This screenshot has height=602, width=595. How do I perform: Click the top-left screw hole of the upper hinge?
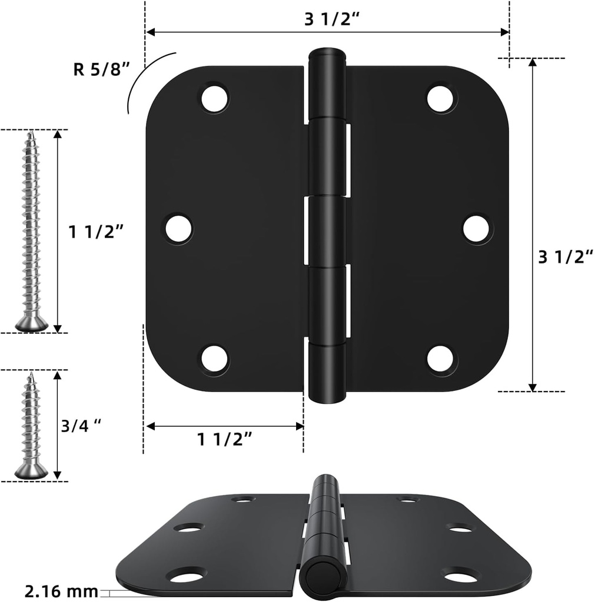click(x=214, y=99)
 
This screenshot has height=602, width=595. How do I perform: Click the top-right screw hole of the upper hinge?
click(x=440, y=99)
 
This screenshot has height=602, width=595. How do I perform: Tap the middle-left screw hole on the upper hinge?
click(x=178, y=229)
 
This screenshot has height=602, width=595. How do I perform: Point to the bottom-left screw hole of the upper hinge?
click(x=214, y=359)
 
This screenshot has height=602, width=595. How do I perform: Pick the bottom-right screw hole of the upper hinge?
click(x=440, y=359)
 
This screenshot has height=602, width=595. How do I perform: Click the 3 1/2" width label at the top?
click(x=332, y=19)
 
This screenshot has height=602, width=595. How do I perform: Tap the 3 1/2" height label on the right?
click(x=565, y=257)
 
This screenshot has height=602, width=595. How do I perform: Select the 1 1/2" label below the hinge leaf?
click(x=225, y=439)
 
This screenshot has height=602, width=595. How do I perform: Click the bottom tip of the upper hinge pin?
click(x=325, y=400)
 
